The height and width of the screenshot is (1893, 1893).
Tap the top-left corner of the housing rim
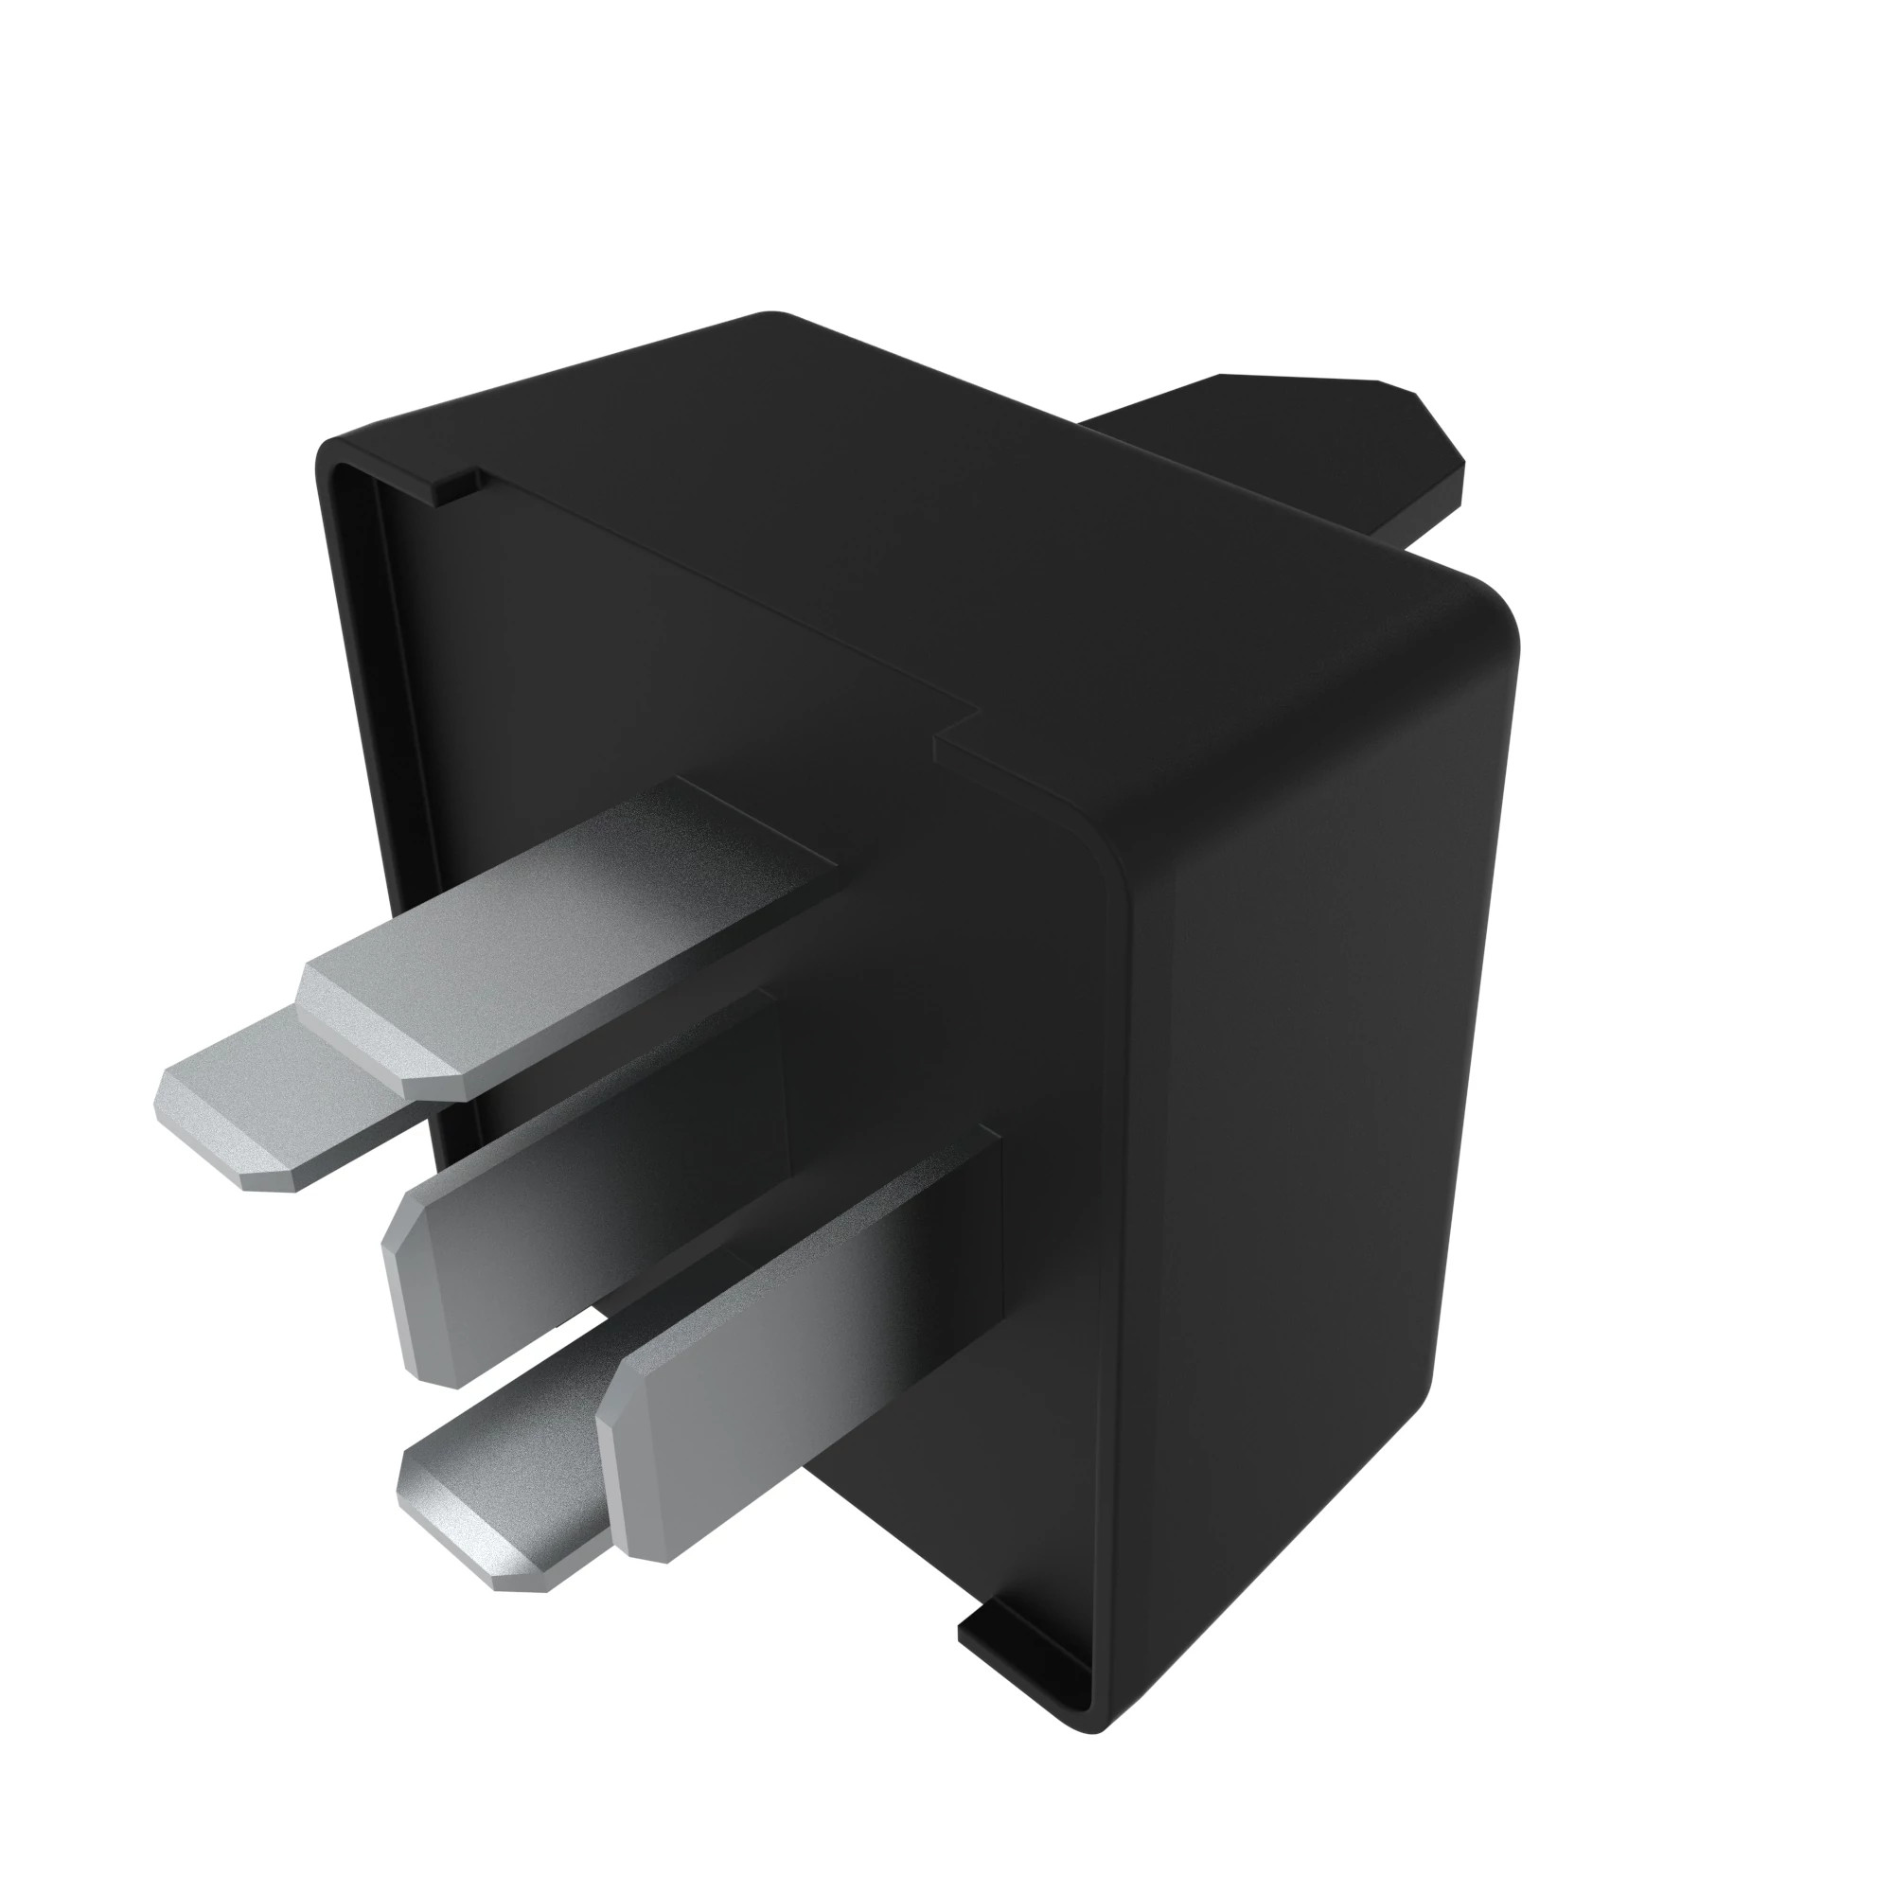pos(328,455)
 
